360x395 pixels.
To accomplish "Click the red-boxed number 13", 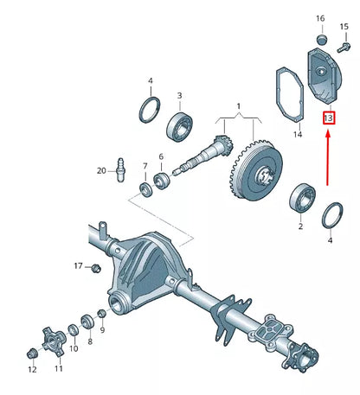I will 329,118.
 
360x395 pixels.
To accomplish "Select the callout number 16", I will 320,18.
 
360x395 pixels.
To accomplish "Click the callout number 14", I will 297,134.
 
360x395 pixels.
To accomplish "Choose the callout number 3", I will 179,96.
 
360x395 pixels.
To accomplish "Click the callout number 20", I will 100,170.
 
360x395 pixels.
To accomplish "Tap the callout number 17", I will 78,265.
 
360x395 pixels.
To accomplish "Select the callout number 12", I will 32,369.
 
